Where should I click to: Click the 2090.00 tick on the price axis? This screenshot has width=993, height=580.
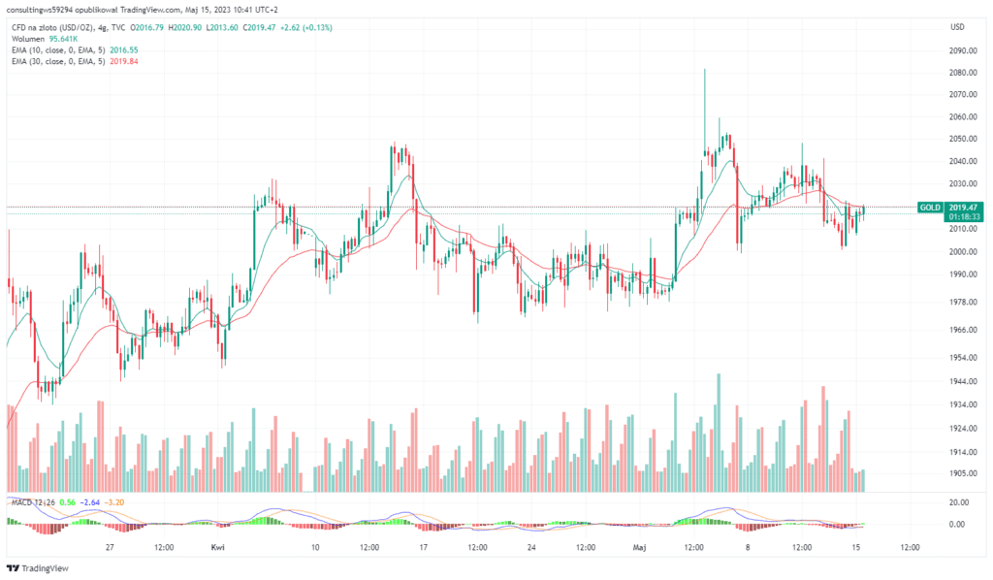pyautogui.click(x=963, y=50)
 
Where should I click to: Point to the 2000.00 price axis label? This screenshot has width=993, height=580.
pyautogui.click(x=963, y=252)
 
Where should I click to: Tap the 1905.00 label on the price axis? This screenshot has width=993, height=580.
pyautogui.click(x=963, y=473)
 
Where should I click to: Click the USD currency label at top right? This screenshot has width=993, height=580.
pyautogui.click(x=957, y=27)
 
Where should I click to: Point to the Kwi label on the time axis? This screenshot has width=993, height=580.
pyautogui.click(x=218, y=547)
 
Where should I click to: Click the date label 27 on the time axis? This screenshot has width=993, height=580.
pyautogui.click(x=111, y=547)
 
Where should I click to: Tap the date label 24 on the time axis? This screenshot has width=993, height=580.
pyautogui.click(x=531, y=547)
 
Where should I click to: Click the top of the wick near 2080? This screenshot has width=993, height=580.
pyautogui.click(x=704, y=71)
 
